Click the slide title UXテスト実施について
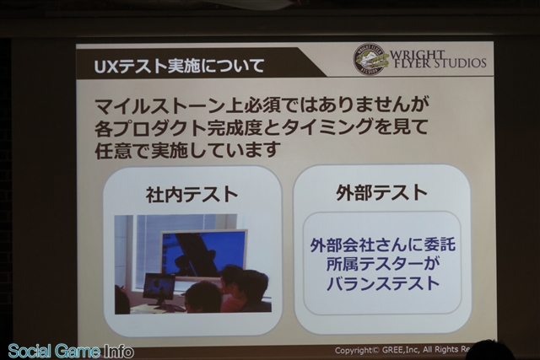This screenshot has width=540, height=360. click(x=179, y=67)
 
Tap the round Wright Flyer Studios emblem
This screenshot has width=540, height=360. click(x=370, y=59)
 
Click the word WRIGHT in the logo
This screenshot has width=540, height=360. click(x=417, y=55)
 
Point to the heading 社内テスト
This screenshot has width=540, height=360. click(x=192, y=195)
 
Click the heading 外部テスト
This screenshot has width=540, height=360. click(x=381, y=192)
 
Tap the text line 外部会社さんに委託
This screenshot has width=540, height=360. click(x=382, y=244)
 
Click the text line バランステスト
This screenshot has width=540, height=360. click(x=383, y=284)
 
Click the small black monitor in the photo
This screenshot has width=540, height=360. click(x=159, y=288)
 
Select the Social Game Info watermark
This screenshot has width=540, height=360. click(x=71, y=351)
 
